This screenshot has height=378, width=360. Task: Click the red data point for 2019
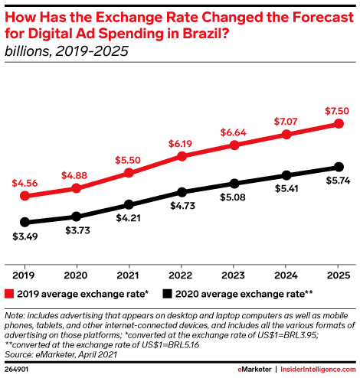coord(25,196)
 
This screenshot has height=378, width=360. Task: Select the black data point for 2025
coord(339,167)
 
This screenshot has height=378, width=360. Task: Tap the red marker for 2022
coord(182,156)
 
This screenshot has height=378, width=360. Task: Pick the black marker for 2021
coord(129,204)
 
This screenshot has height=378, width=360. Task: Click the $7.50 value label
coord(337,111)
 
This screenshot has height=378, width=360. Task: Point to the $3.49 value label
coord(25,236)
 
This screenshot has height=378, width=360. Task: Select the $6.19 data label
coord(180,144)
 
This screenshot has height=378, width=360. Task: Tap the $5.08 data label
coord(233,197)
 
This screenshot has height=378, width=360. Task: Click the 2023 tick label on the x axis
coord(233,275)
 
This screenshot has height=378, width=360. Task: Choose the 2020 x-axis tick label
coord(76,275)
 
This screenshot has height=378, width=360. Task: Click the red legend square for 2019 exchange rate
coord(9,294)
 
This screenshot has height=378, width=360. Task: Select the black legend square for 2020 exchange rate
coord(167,294)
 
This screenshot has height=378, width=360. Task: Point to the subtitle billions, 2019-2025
coord(67,51)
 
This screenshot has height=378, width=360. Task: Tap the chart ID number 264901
coord(16,370)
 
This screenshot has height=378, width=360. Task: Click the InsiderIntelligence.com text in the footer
coord(318,370)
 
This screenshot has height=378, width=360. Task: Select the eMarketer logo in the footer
coord(254,370)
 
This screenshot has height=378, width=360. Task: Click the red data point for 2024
coord(286,134)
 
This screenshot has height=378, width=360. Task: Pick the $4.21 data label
coord(128,218)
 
